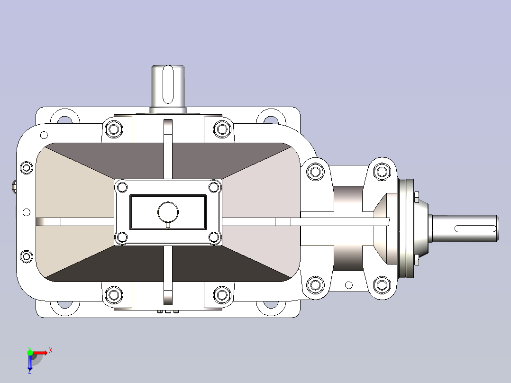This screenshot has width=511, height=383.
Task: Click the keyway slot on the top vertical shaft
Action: [168, 84]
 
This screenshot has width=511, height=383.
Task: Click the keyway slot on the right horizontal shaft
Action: [475, 228]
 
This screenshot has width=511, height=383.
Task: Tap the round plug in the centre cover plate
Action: [168, 212]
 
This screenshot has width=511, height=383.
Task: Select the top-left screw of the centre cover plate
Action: [122, 187]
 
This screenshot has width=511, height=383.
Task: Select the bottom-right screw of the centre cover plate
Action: [214, 237]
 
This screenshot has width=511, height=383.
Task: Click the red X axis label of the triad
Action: [51, 351]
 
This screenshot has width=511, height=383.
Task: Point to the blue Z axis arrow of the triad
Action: [30, 363]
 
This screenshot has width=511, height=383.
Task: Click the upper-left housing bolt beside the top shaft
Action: [114, 129]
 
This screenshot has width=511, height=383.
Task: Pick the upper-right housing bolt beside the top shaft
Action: [222, 129]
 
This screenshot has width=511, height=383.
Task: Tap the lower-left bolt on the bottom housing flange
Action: [114, 295]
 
